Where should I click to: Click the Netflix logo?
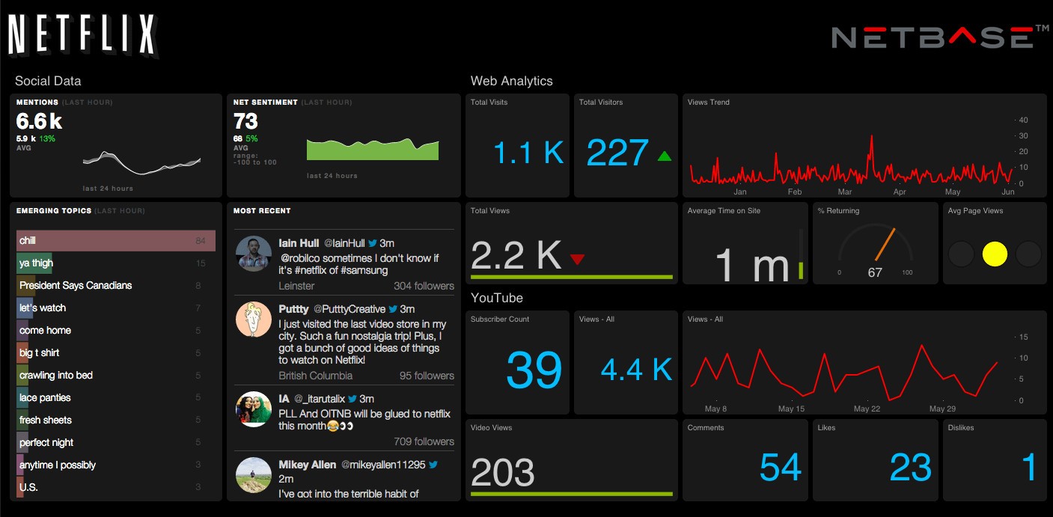(82, 35)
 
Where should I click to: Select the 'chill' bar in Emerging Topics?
(116, 241)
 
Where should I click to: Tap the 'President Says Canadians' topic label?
(76, 286)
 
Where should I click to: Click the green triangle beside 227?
(664, 156)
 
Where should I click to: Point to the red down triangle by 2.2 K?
(577, 260)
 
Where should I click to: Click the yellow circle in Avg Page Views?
(995, 254)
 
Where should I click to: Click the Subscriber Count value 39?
(534, 369)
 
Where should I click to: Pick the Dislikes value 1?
(1030, 468)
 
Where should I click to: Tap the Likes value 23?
(910, 468)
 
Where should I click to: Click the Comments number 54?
(781, 468)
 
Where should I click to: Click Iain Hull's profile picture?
(253, 254)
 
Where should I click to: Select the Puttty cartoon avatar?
(253, 319)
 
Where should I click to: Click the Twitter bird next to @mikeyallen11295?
(433, 465)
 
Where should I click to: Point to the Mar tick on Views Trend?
(845, 192)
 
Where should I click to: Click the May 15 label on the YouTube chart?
(791, 409)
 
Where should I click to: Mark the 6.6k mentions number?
(39, 121)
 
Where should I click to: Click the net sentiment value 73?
(245, 121)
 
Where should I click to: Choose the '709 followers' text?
(424, 441)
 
